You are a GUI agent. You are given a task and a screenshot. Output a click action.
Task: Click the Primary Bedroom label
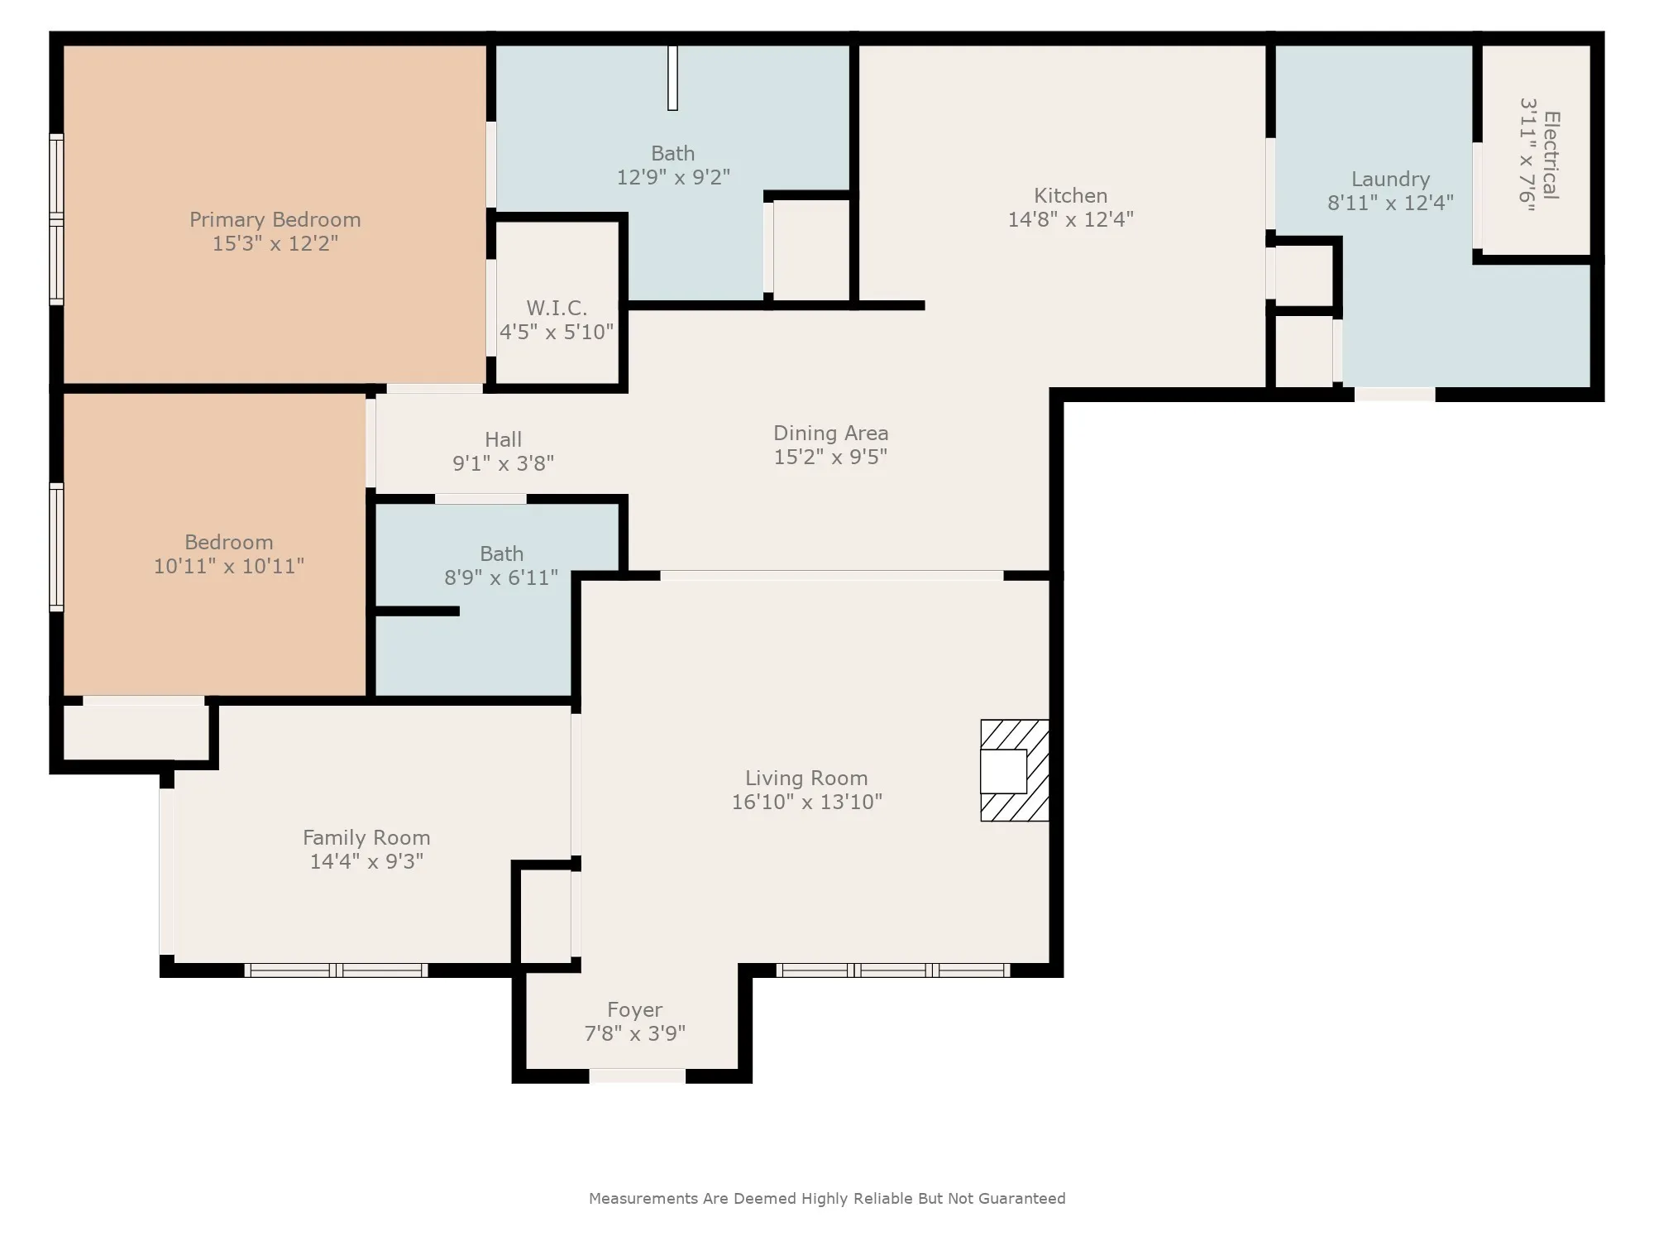pos(275,220)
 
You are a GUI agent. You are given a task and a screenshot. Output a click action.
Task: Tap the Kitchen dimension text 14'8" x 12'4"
pos(1070,219)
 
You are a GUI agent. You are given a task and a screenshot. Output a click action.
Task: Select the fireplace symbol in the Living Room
pos(1015,770)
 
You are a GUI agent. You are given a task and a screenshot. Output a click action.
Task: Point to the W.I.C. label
pos(557,308)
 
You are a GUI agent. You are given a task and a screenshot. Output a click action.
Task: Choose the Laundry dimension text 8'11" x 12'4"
pos(1390,203)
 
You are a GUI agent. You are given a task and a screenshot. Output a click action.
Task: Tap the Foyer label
pos(634,1010)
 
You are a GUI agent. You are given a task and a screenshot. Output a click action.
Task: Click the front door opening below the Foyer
pos(637,1076)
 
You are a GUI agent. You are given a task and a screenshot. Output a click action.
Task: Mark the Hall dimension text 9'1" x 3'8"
pos(503,463)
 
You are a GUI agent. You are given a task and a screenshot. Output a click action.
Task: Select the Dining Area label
pos(830,433)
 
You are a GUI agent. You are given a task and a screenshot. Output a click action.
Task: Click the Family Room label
pos(366,838)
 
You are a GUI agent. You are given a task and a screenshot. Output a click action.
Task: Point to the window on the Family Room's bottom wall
pos(336,970)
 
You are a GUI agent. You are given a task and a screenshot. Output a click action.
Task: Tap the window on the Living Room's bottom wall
pos(893,970)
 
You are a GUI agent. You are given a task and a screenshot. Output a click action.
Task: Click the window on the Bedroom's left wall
pos(56,547)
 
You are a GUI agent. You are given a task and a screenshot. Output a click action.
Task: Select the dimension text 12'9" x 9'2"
pos(673,177)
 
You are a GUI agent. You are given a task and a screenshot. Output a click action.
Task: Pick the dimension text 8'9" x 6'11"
pos(501,577)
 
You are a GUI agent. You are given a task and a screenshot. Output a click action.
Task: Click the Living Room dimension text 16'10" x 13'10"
pos(806,802)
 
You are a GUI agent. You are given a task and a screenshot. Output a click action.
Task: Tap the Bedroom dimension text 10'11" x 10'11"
pos(229,566)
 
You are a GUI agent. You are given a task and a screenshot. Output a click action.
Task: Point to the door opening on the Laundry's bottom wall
pos(1394,395)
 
